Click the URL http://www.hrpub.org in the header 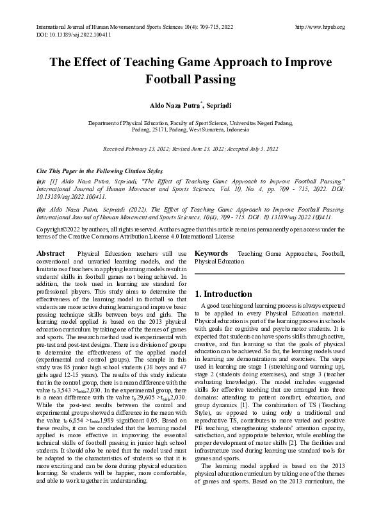point(320,27)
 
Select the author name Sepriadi point(217,104)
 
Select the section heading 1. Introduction point(223,294)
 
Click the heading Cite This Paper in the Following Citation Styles point(100,172)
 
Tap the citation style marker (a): point(42,181)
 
